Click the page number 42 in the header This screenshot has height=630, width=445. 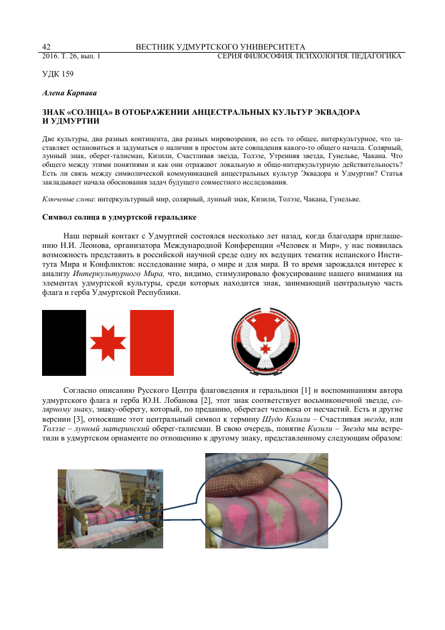point(46,47)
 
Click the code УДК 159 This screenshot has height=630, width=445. point(58,74)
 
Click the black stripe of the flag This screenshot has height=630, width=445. point(63,342)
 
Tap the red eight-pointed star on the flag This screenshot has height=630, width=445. point(108,342)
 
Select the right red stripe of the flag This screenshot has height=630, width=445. point(151,342)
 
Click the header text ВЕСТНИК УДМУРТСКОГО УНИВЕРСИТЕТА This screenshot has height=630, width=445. point(220,47)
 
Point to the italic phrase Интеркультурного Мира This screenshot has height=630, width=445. point(118,274)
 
